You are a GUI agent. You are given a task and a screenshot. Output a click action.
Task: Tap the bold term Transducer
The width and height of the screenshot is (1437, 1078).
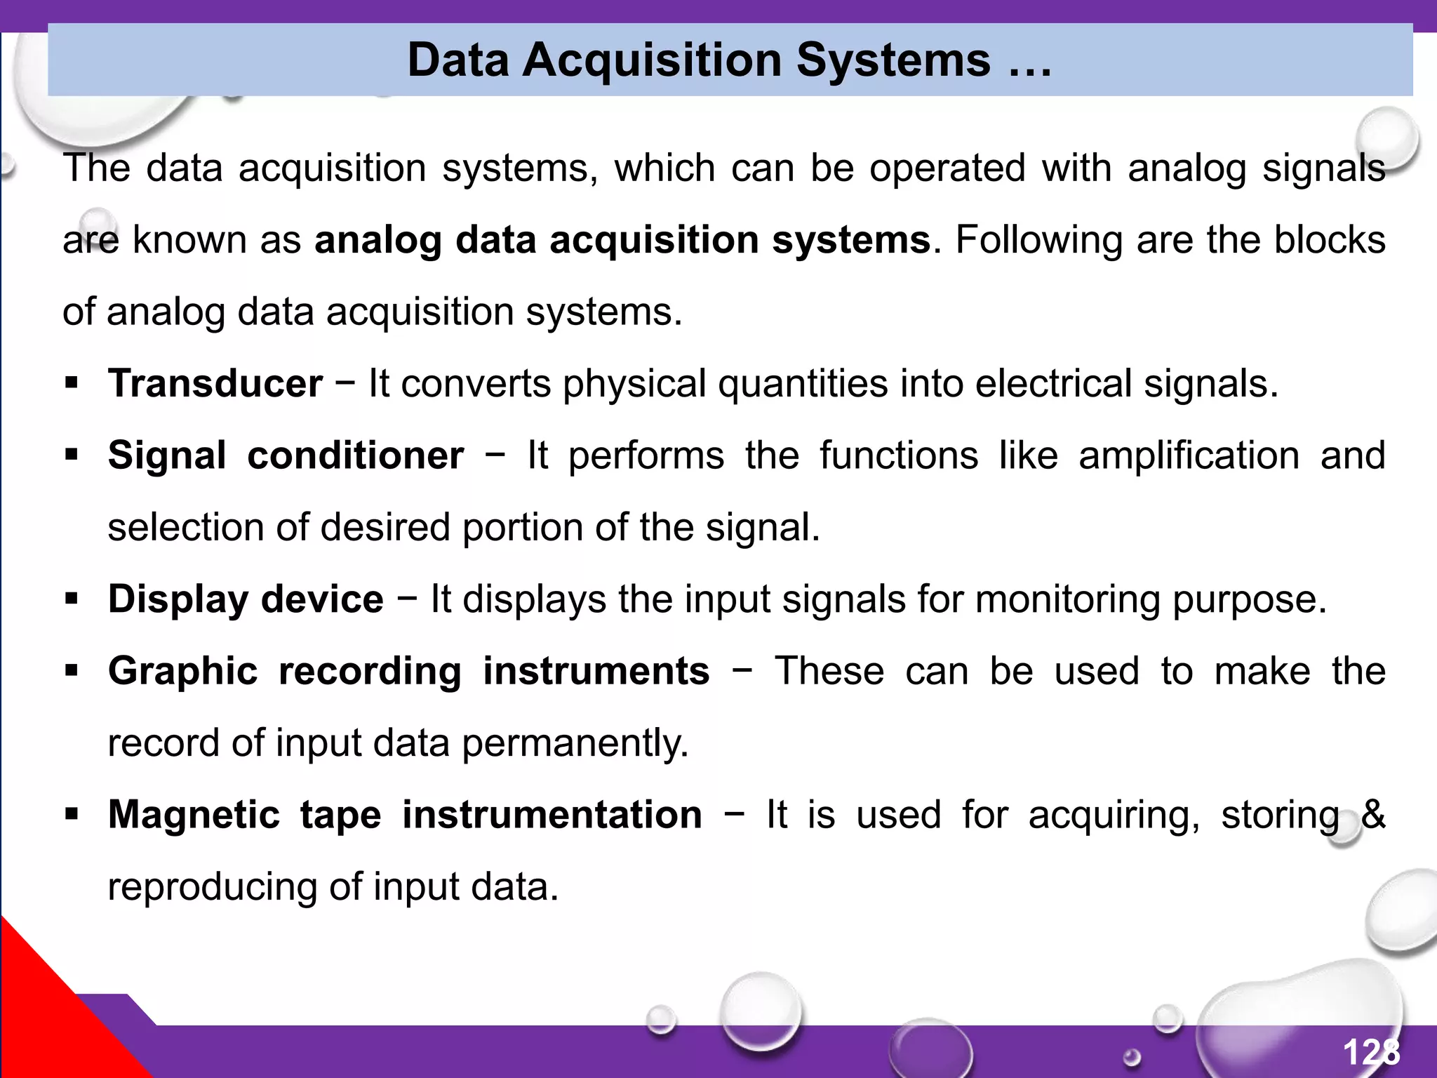(215, 384)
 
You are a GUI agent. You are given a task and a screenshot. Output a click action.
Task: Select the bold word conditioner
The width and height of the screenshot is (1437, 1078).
(356, 455)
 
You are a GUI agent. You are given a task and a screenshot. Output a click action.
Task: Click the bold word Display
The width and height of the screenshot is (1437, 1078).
(178, 599)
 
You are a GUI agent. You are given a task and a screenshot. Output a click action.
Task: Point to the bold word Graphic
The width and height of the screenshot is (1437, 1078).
(182, 671)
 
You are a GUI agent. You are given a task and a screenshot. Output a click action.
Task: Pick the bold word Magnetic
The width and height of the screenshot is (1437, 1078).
(194, 815)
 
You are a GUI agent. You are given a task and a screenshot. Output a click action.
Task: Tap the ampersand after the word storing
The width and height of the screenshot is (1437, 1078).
(1372, 814)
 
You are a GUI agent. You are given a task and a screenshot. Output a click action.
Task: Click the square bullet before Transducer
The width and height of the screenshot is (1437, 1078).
(71, 384)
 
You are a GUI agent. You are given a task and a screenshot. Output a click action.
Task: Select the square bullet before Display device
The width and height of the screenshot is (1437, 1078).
(71, 599)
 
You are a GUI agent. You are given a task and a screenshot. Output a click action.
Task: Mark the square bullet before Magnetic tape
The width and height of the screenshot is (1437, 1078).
(71, 815)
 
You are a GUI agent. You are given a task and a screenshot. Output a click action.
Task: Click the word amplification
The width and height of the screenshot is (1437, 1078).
(1189, 455)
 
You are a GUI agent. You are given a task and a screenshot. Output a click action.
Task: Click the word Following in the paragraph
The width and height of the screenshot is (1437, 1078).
(1039, 240)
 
